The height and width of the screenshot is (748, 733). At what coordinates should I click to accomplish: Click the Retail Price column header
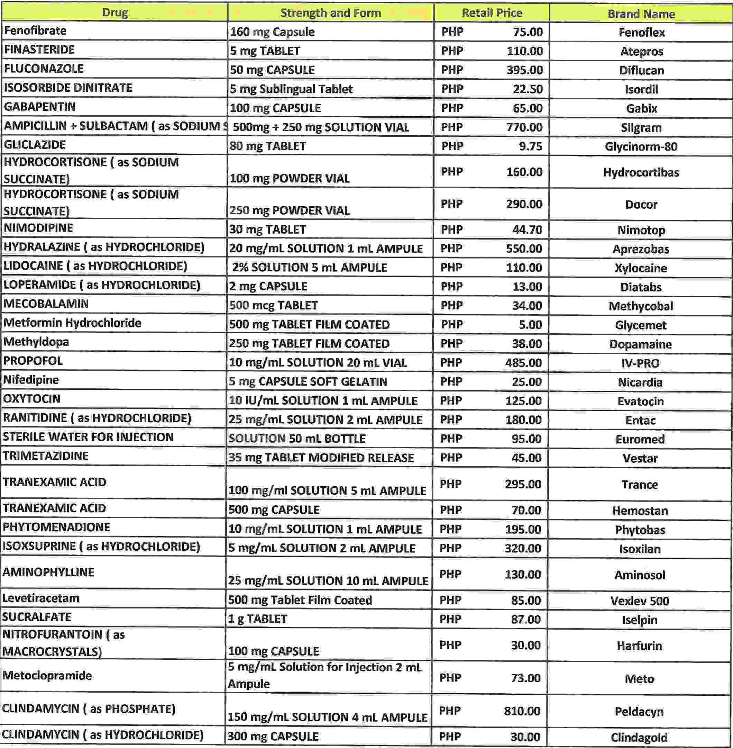[x=492, y=13]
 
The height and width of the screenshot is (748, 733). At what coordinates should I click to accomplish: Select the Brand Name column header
[x=641, y=14]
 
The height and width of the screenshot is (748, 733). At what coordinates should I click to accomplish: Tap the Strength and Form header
[x=330, y=13]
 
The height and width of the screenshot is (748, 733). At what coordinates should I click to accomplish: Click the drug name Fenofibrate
[x=35, y=30]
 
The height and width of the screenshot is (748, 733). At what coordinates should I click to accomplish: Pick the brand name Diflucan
[x=641, y=70]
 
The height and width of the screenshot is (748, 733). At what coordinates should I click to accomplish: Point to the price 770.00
[x=524, y=127]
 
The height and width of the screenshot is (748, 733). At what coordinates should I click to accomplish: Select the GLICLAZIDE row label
[x=35, y=145]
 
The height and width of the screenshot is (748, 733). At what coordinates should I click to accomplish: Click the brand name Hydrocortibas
[x=641, y=172]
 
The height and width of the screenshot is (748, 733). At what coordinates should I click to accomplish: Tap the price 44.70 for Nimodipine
[x=527, y=229]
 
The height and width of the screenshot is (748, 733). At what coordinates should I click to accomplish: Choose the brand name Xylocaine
[x=641, y=268]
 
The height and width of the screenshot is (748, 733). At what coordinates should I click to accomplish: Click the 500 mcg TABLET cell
[x=273, y=305]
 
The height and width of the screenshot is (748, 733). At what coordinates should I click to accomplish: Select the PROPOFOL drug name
[x=33, y=361]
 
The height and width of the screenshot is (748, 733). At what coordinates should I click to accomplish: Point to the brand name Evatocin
[x=640, y=401]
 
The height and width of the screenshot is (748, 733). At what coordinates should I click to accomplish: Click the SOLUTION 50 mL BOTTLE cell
[x=297, y=438]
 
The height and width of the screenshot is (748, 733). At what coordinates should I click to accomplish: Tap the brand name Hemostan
[x=640, y=510]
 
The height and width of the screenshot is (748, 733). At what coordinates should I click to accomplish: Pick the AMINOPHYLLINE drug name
[x=48, y=571]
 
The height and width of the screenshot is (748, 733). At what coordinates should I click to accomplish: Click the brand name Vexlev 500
[x=640, y=601]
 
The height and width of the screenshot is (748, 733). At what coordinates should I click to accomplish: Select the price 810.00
[x=522, y=711]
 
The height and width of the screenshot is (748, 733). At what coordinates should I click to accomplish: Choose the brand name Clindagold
[x=639, y=737]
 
